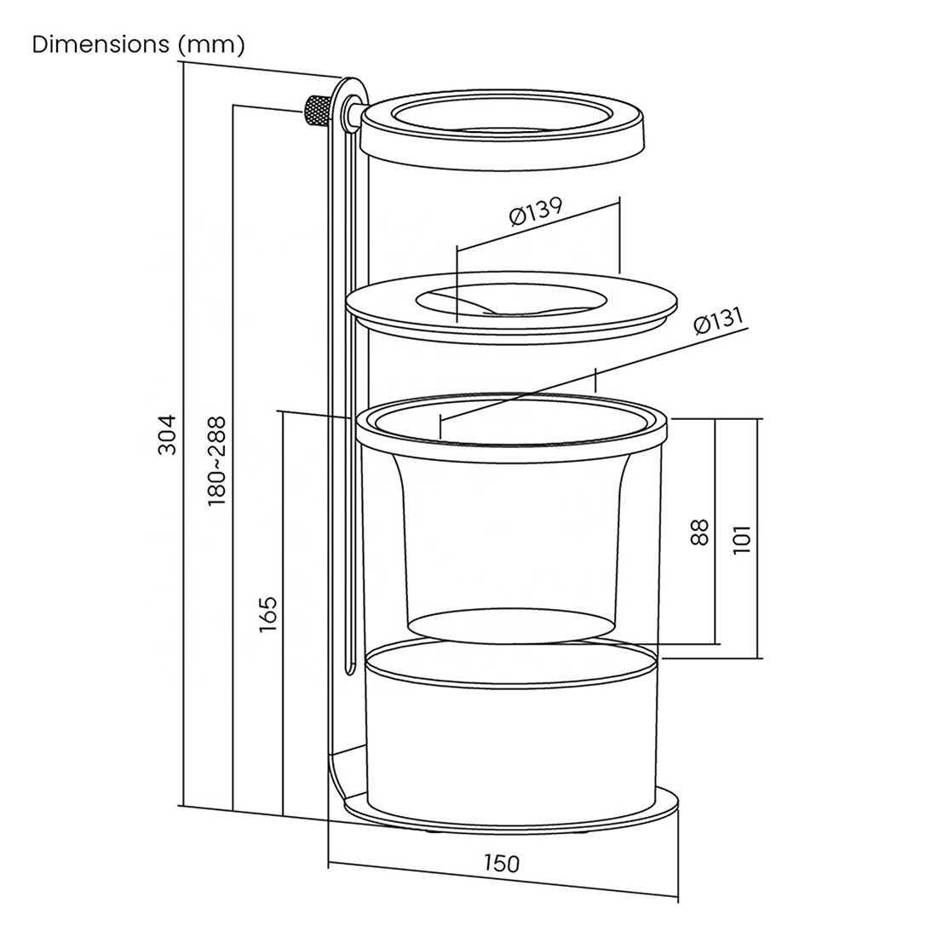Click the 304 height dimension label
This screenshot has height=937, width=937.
click(168, 434)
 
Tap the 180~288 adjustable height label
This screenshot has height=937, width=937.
click(216, 462)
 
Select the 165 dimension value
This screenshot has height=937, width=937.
click(268, 614)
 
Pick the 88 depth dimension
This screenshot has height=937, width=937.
click(699, 532)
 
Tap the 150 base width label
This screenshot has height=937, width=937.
click(502, 863)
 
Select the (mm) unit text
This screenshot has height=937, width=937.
click(211, 45)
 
